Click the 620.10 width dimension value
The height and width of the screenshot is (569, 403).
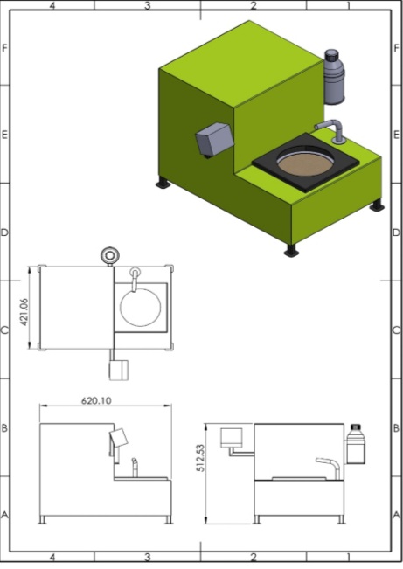click(x=96, y=400)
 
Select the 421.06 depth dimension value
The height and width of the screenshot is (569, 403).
click(x=24, y=312)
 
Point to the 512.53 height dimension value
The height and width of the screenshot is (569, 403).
click(x=200, y=458)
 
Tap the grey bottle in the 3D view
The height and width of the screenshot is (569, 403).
click(x=334, y=77)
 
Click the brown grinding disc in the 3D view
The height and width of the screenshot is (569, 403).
click(x=305, y=164)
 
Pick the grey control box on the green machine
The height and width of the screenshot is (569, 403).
click(x=214, y=140)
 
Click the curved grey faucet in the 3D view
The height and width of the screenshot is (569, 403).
click(x=331, y=130)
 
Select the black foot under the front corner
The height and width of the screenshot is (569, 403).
click(x=291, y=250)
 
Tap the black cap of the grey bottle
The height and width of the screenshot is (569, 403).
click(x=331, y=55)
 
